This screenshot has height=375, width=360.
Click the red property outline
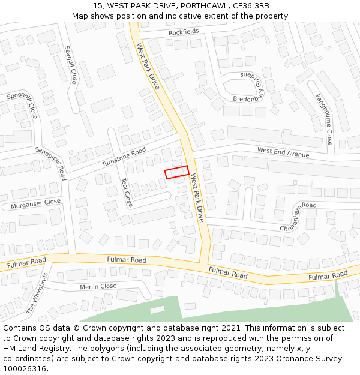pyautogui.click(x=177, y=172)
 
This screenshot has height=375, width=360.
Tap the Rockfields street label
pyautogui.click(x=184, y=32)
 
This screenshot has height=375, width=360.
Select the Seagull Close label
pyautogui.click(x=71, y=64)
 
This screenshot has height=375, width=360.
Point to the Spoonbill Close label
pyautogui.click(x=22, y=104)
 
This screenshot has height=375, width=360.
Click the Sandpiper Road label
pyautogui.click(x=50, y=163)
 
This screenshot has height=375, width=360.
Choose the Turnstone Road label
pyautogui.click(x=124, y=157)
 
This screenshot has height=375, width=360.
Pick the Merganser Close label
pyautogui.click(x=36, y=204)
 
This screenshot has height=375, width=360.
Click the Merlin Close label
pyautogui.click(x=98, y=287)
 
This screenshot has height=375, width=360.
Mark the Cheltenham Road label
pyautogui.click(x=298, y=217)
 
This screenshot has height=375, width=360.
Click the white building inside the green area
pyautogui.click(x=157, y=310)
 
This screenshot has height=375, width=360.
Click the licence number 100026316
pyautogui.click(x=25, y=368)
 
